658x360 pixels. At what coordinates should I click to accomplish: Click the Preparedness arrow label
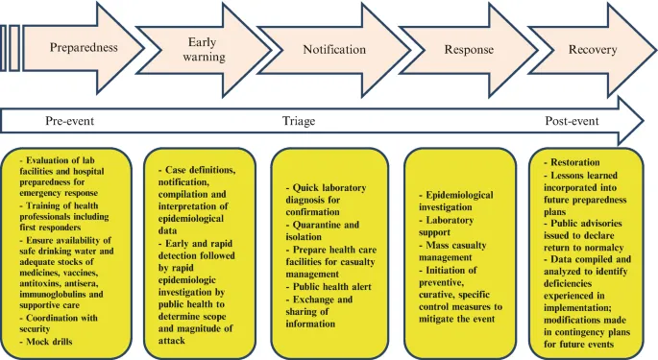point(84,48)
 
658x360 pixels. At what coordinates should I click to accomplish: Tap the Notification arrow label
point(334,49)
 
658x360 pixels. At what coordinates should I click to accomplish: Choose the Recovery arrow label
point(593,49)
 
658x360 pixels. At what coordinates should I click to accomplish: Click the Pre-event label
point(70,122)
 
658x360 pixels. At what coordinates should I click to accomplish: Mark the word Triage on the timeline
point(298,122)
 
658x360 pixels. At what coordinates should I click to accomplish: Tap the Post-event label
point(572,122)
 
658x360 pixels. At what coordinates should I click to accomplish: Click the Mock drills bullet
point(53,342)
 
